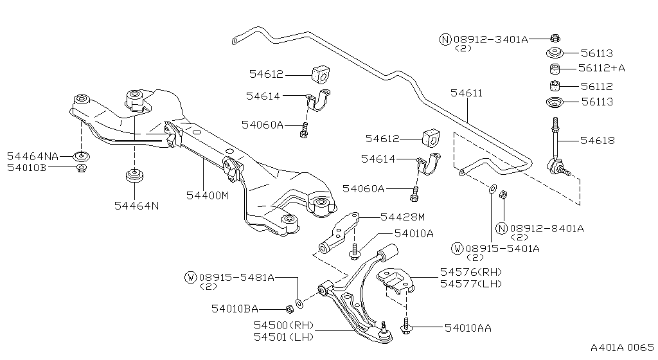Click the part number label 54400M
tap(207, 195)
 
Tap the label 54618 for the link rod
tap(597, 139)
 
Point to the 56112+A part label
tap(601, 68)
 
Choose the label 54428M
tap(403, 217)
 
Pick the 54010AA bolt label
tap(468, 328)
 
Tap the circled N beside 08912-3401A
tap(445, 39)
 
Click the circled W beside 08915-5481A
tap(190, 278)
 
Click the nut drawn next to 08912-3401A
tap(555, 38)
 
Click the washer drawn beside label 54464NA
tap(82, 156)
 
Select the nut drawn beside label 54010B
tap(82, 168)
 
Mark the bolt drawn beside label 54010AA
tap(405, 328)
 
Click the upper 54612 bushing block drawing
tap(320, 75)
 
